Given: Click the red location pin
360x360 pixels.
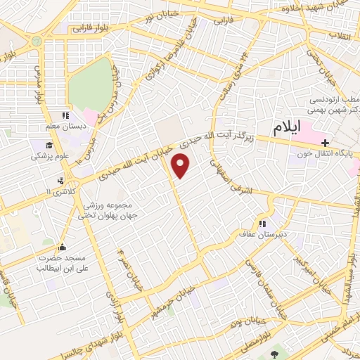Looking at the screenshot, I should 181,167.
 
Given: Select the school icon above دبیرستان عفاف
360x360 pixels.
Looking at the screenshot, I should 262,224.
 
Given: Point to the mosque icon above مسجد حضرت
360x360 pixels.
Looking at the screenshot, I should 63,247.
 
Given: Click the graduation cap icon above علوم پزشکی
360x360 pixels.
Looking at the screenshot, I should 36,145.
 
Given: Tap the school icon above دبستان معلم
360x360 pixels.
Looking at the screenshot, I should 65,115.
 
